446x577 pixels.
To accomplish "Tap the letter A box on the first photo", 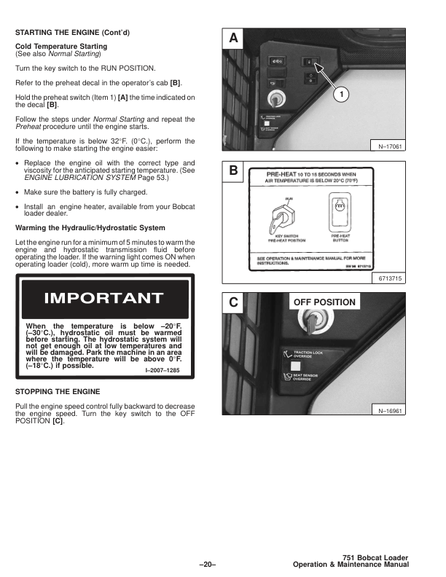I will click(233, 38).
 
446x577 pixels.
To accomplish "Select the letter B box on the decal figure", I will click(233, 171).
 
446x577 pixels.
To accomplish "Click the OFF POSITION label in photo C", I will click(324, 302).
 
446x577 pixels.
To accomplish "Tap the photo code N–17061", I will click(392, 146).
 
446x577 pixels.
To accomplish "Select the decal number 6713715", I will click(392, 278).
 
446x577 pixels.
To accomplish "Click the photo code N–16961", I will click(392, 410).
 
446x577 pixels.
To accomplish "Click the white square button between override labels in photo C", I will click(296, 365).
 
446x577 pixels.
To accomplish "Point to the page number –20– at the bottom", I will click(208, 563).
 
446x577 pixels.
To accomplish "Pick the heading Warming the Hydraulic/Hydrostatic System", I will click(90, 228).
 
